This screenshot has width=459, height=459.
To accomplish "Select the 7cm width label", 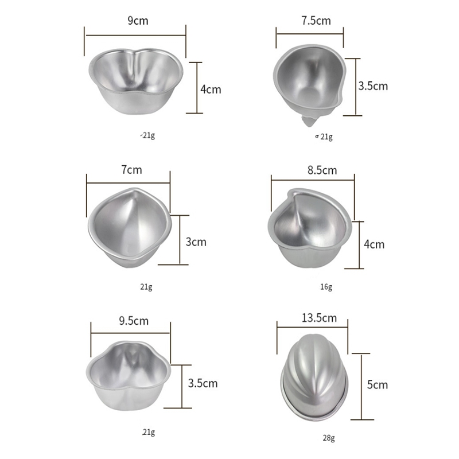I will [x=131, y=170].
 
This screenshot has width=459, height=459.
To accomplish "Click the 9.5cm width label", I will [x=133, y=321].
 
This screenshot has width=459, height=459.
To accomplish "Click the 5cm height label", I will [x=378, y=385].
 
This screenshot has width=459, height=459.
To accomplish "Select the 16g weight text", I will [x=326, y=286].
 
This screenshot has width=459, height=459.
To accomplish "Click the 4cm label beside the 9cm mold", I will [x=211, y=90].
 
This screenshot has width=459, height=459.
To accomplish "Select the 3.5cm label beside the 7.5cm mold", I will [x=373, y=86].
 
